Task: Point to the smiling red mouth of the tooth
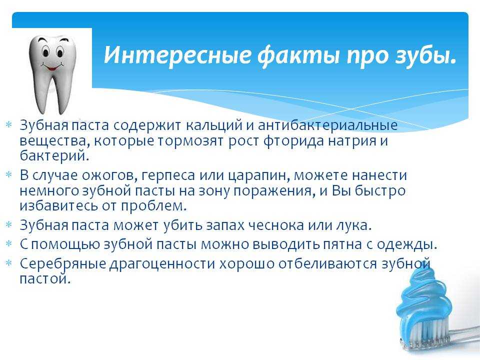pos(53,66)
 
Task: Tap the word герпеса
pos(168,175)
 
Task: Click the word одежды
pos(406,245)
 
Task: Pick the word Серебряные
pos(63,264)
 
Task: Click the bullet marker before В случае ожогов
pos(9,174)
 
